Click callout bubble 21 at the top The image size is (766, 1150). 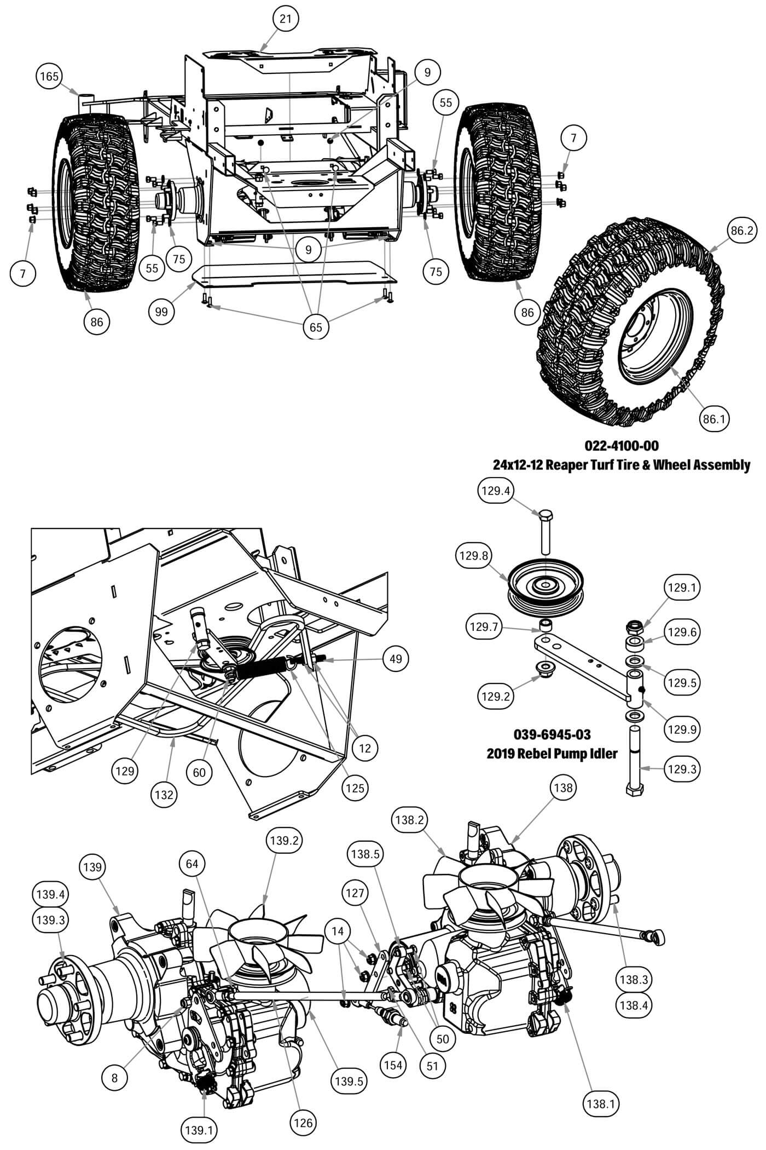pos(286,19)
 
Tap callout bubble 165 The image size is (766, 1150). pos(49,76)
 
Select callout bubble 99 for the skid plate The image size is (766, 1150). pos(161,312)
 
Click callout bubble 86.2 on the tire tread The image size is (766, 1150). pos(741,231)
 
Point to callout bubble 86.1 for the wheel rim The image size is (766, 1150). pos(713,419)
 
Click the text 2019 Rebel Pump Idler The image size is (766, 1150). pos(552,754)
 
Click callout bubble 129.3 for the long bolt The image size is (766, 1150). pos(681,768)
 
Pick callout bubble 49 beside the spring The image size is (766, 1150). pos(396,658)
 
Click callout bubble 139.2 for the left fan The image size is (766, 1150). pos(284,840)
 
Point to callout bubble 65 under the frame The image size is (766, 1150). pos(316,327)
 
